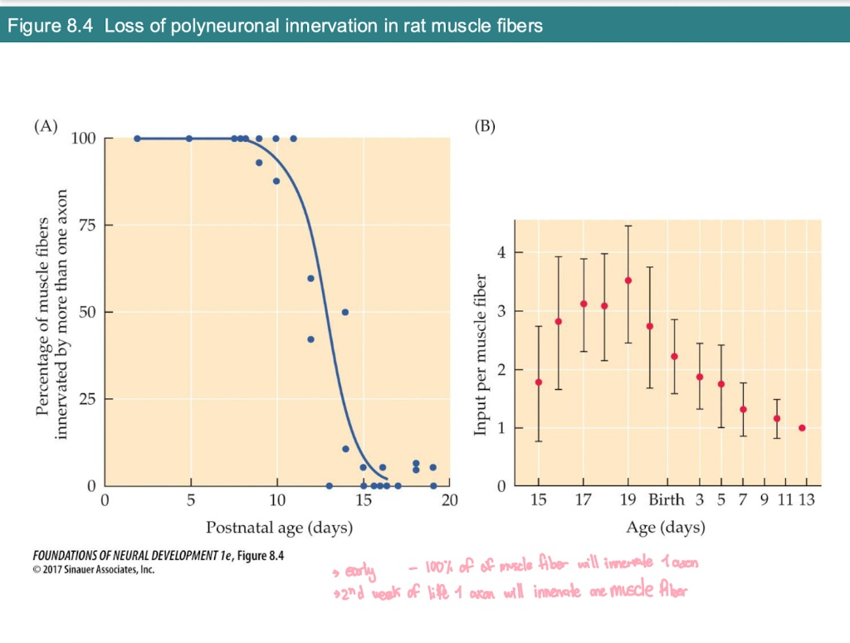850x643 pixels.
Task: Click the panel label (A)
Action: coord(46,127)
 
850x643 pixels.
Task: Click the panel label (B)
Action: coord(484,127)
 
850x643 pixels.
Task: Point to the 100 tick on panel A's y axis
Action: coord(83,139)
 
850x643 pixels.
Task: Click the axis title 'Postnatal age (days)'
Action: coord(279,528)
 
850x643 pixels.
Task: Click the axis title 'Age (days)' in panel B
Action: coord(666,528)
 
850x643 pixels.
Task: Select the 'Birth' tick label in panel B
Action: coord(667,500)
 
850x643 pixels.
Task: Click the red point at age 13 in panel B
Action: coord(802,428)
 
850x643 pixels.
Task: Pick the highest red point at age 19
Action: coord(628,280)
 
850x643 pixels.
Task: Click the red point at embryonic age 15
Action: coord(539,382)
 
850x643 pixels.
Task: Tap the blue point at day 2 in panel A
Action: coord(137,139)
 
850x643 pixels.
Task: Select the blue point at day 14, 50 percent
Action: coord(344,312)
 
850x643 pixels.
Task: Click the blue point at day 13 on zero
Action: coord(329,485)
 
